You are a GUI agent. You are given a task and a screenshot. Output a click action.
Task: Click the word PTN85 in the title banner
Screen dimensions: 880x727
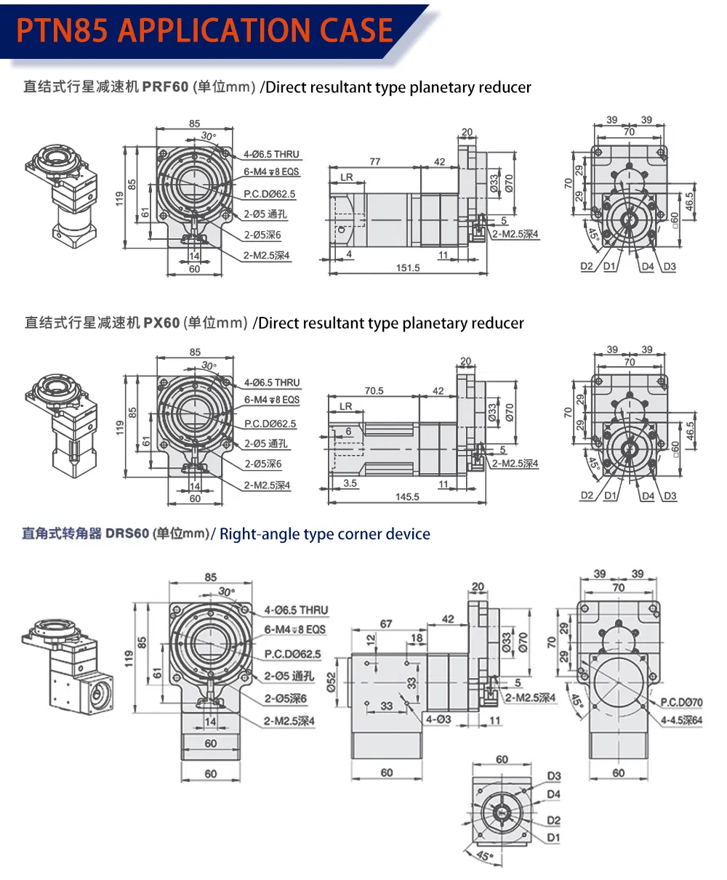(63, 31)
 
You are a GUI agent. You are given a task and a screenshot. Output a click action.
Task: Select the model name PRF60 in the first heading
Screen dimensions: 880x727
(165, 88)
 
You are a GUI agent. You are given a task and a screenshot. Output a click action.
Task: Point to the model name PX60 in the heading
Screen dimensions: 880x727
(161, 323)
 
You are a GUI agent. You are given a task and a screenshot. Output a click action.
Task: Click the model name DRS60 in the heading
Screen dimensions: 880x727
(127, 534)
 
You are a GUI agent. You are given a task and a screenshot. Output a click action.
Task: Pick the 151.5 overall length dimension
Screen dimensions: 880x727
(408, 268)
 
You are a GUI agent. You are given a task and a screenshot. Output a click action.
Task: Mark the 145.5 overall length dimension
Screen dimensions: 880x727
(407, 497)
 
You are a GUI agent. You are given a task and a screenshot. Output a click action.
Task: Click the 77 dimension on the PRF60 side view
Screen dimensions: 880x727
(374, 161)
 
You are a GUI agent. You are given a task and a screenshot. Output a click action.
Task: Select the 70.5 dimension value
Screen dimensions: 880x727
(374, 391)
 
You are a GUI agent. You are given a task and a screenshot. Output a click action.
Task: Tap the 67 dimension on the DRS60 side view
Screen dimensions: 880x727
(385, 624)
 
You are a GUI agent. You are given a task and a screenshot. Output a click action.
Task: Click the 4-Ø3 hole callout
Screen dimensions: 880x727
(438, 719)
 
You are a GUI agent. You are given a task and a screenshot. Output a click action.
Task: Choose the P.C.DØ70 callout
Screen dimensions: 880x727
(681, 703)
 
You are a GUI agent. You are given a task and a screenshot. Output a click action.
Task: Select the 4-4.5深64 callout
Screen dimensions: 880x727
(682, 720)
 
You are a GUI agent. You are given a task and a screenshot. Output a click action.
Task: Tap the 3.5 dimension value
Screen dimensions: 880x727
(350, 483)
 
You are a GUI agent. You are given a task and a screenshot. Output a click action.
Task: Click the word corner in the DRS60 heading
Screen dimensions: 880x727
(358, 534)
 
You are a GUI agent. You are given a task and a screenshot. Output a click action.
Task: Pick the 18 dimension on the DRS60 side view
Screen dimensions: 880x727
(417, 638)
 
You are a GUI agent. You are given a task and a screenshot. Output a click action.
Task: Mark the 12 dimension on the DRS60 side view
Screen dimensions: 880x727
(371, 639)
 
